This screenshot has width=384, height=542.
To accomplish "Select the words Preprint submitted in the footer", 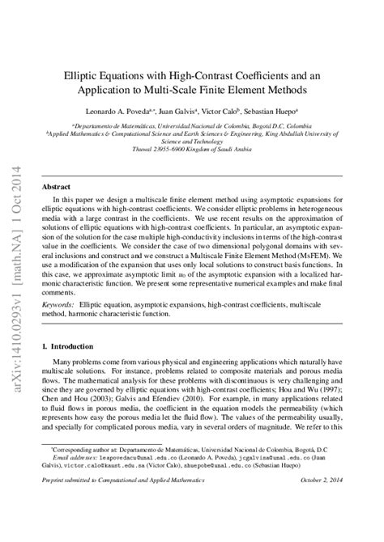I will click(x=73, y=502).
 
